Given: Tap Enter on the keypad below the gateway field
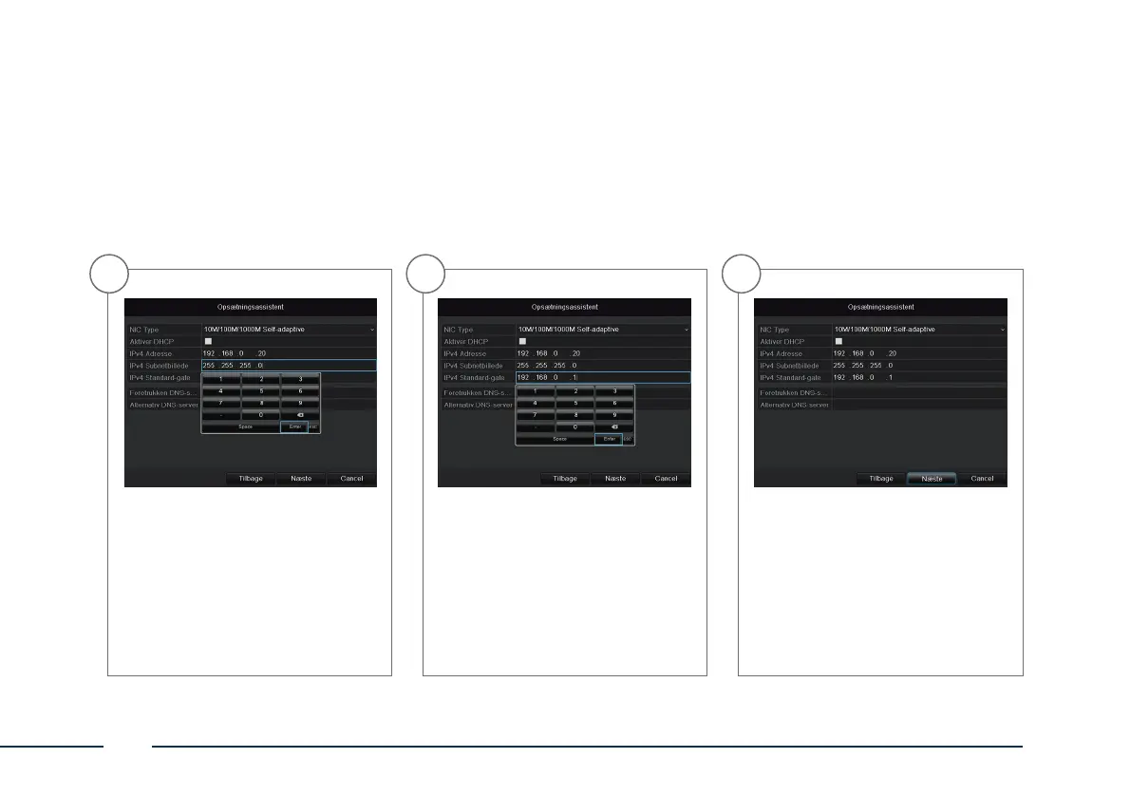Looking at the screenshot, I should pyautogui.click(x=608, y=439).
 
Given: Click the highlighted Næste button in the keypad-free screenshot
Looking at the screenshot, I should pyautogui.click(x=932, y=479).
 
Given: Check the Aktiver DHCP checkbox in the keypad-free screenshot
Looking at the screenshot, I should pyautogui.click(x=838, y=341).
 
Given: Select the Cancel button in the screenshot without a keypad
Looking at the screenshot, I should pyautogui.click(x=982, y=479).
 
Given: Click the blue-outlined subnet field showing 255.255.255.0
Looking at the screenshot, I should pyautogui.click(x=289, y=365).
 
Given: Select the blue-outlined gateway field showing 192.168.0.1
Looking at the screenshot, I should pyautogui.click(x=603, y=377).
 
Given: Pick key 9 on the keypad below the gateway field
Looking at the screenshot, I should pyautogui.click(x=613, y=415).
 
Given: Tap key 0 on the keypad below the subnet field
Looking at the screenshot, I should pyautogui.click(x=260, y=415).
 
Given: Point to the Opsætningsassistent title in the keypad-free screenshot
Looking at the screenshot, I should pyautogui.click(x=880, y=308).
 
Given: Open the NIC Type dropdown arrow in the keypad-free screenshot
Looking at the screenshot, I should pyautogui.click(x=1002, y=330).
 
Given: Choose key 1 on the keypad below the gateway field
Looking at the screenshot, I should pyautogui.click(x=535, y=390).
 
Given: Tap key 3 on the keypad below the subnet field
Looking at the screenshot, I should pyautogui.click(x=300, y=379).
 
